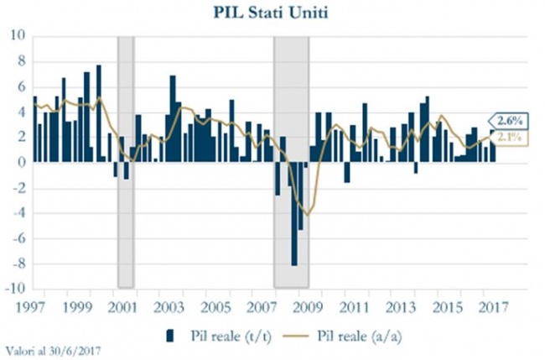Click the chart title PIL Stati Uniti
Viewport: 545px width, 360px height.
pos(272,14)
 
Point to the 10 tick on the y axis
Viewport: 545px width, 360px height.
pos(17,35)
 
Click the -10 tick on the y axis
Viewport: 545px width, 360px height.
pos(13,288)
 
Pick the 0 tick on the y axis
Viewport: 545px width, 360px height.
pos(20,162)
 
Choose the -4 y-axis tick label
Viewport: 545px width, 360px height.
pos(17,212)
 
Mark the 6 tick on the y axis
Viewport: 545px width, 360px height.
pos(20,86)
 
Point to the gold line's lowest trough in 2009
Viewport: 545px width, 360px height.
pos(309,215)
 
